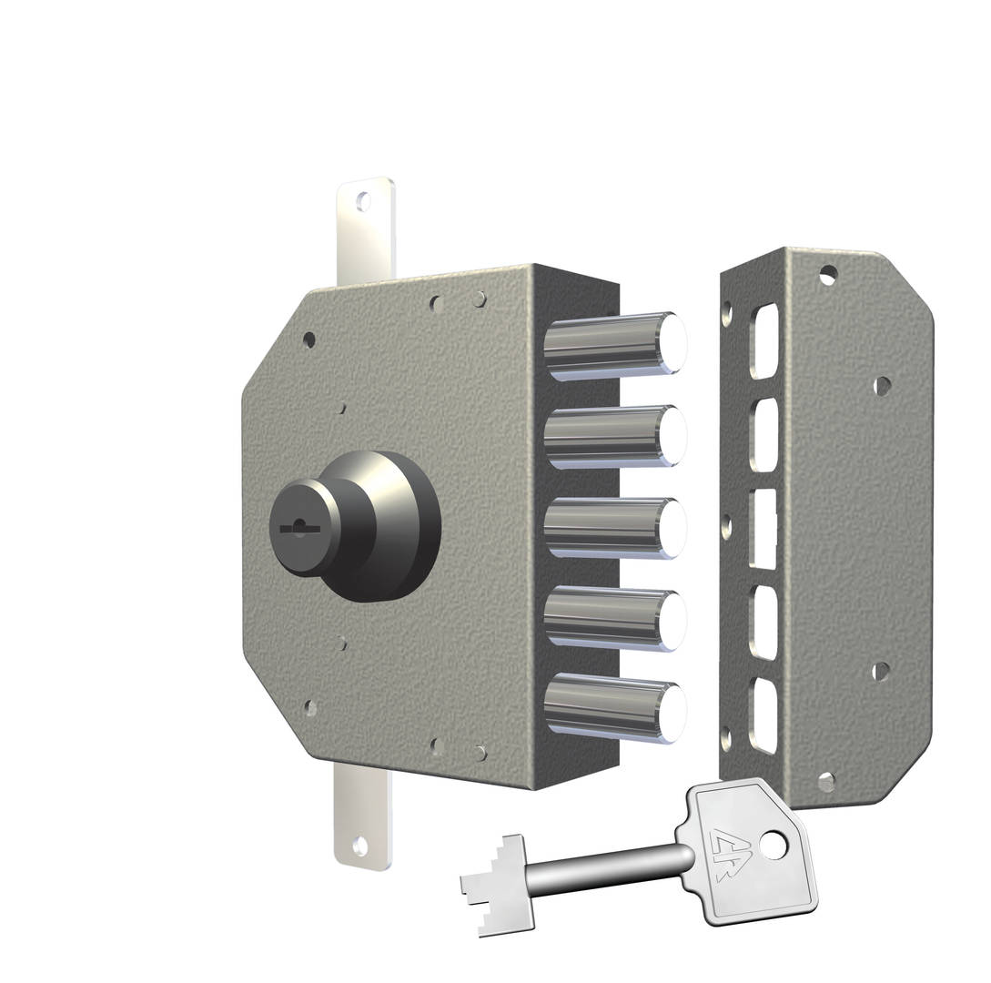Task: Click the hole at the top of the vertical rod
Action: point(364,201)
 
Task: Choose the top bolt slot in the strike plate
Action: point(765,341)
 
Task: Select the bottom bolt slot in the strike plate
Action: point(764,715)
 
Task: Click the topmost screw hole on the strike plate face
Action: point(828,273)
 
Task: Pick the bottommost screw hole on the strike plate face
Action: point(826,781)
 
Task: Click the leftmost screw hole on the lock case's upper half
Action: point(308,339)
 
